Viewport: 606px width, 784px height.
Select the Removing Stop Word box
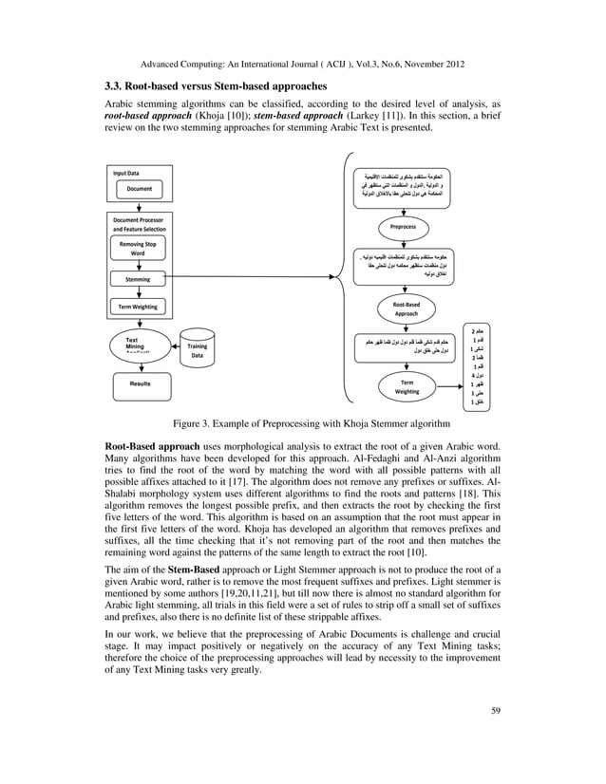point(139,249)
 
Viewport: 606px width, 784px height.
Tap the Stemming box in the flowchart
point(139,279)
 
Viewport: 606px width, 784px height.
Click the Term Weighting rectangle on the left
point(139,307)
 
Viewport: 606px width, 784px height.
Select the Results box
point(140,384)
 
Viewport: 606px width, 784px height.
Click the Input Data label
point(126,174)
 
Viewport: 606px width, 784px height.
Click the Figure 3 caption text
point(303,422)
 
